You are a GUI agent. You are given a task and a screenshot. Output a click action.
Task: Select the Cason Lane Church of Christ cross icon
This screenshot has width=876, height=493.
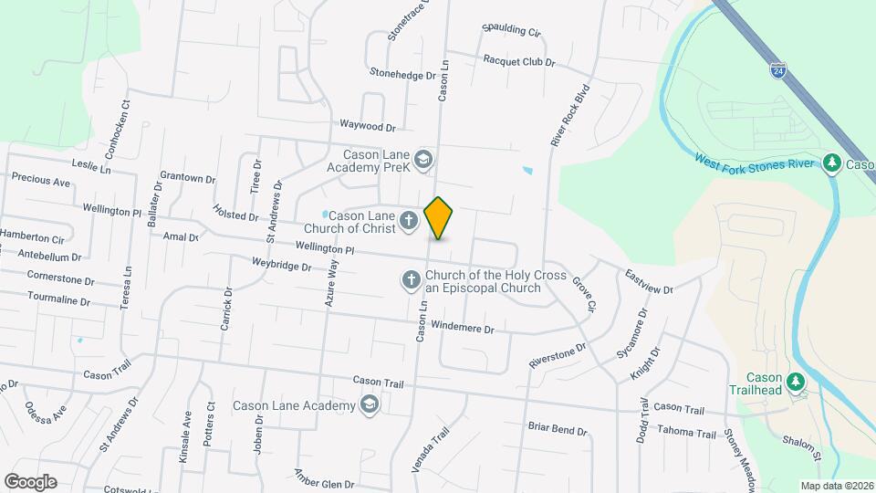408,219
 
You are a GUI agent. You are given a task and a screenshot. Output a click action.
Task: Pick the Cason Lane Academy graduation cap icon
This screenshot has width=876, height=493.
370,404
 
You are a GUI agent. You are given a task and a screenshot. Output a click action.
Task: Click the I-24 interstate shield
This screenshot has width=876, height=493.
776,69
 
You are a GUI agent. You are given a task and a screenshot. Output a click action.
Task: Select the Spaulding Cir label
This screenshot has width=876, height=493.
511,30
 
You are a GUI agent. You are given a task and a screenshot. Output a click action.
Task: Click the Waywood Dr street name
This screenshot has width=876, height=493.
367,127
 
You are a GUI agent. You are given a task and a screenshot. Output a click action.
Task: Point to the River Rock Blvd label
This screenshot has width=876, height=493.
570,116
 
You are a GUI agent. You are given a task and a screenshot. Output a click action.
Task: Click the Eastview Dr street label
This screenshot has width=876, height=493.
649,282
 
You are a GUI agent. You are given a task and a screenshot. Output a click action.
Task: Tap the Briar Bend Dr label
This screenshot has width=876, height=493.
558,428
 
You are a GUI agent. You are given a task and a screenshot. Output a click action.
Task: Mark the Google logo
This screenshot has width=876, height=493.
30,481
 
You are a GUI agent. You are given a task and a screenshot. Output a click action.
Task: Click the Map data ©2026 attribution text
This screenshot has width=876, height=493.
835,485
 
